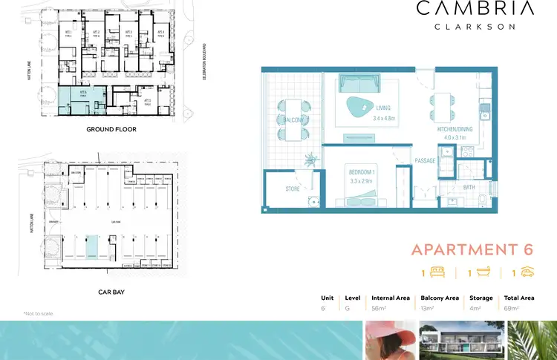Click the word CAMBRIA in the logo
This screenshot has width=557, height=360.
[x=475, y=9]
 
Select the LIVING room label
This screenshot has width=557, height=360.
[x=382, y=108]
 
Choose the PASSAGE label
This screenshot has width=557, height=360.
[x=425, y=160]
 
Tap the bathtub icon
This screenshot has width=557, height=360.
[x=481, y=272]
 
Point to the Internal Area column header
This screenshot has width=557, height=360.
[x=390, y=298]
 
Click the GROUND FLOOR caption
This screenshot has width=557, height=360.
[x=111, y=129]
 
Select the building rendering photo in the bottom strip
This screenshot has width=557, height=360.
[x=460, y=340]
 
